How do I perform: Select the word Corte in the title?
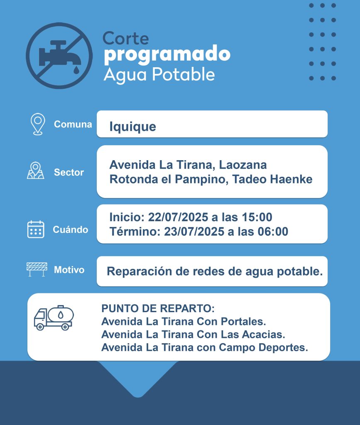pyautogui.click(x=125, y=38)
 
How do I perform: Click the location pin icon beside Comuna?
pyautogui.click(x=37, y=124)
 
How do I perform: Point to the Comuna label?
pyautogui.click(x=73, y=124)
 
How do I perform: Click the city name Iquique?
pyautogui.click(x=132, y=126)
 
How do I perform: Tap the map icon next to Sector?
pyautogui.click(x=36, y=171)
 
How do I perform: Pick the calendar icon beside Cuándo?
pyautogui.click(x=36, y=229)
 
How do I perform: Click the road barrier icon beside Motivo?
pyautogui.click(x=37, y=269)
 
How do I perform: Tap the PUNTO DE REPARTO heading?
pyautogui.click(x=158, y=309)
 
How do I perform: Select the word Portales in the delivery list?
pyautogui.click(x=245, y=322)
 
